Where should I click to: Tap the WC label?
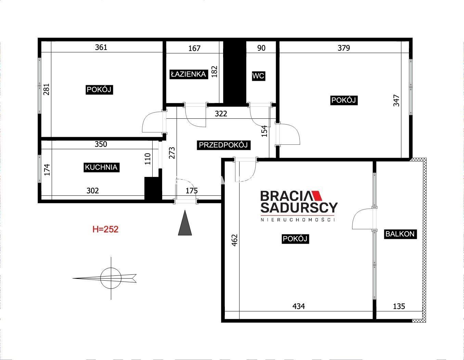pos(258,76)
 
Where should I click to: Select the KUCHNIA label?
pos(101,167)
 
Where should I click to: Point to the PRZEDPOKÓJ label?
pos(223,145)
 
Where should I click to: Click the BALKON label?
pos(400,234)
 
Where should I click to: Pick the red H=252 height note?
pos(105,229)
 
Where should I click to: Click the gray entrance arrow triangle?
pos(185,223)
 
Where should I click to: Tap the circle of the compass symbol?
pos(111,278)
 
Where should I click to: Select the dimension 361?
pos(101,47)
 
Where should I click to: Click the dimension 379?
pos(344,48)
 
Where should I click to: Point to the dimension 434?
pos(299,306)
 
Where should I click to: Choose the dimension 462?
pos(235,241)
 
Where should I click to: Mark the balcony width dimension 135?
pos(399,306)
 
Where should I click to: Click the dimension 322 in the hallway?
pos(221,114)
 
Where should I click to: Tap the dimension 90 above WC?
pos(261,48)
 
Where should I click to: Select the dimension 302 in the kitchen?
pos(93,191)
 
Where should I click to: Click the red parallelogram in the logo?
pos(317,196)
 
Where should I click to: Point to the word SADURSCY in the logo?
pos(299,208)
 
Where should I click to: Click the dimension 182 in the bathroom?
pos(215,72)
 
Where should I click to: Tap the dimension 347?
pos(396,101)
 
